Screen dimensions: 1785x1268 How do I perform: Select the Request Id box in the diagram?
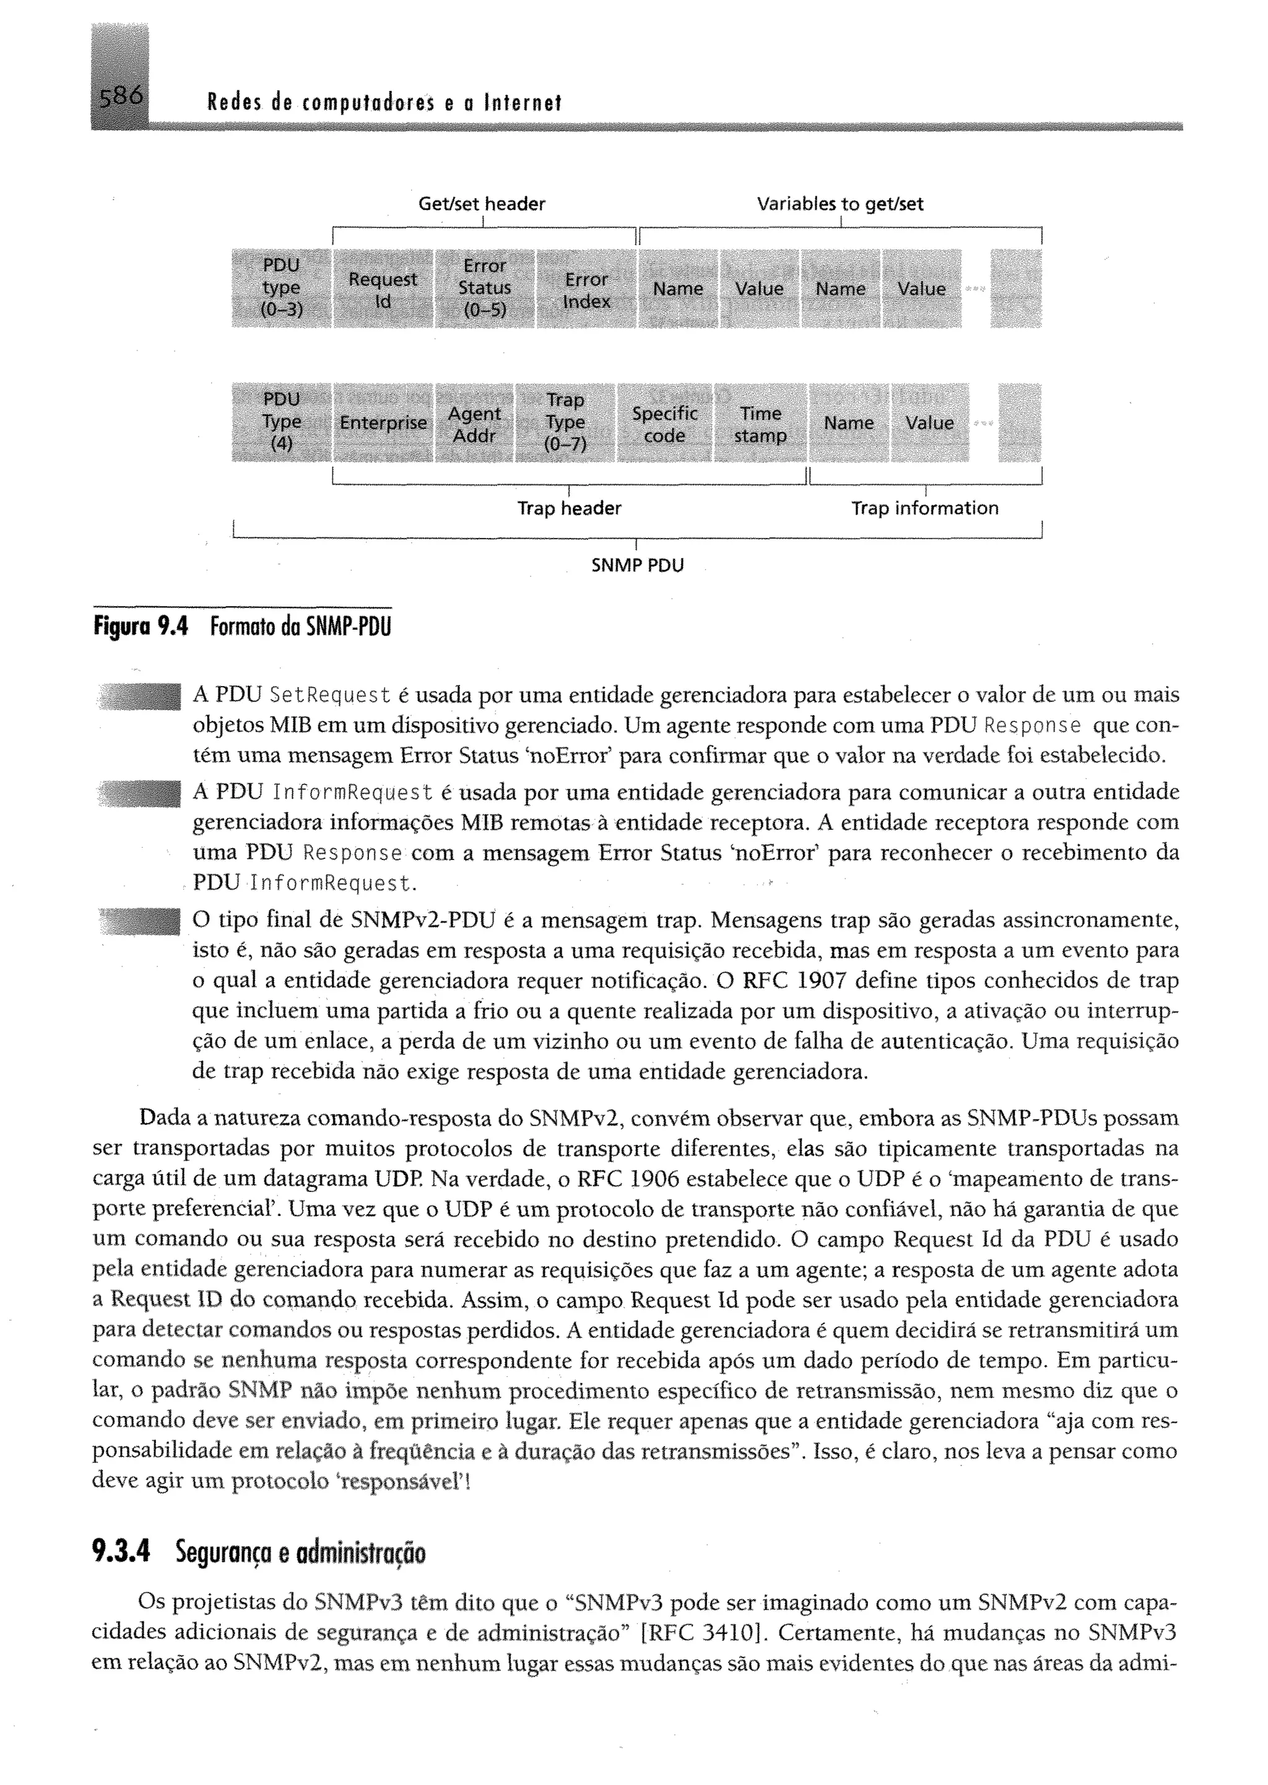pos(383,289)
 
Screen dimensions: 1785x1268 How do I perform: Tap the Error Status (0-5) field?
pos(484,289)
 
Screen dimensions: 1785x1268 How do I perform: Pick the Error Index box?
pos(586,290)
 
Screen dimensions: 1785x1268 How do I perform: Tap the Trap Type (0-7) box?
pos(565,422)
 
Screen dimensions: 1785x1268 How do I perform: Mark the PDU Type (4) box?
pos(281,422)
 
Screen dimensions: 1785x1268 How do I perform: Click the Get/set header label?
pos(482,204)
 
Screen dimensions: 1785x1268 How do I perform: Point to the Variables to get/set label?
pos(840,204)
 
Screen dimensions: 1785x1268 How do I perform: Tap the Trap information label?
pos(924,508)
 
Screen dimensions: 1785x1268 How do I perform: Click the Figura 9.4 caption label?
pos(141,627)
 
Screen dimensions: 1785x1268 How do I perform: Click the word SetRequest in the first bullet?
pos(329,695)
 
